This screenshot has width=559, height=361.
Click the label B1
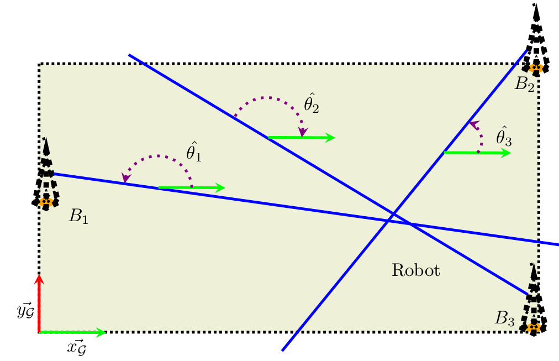pyautogui.click(x=78, y=216)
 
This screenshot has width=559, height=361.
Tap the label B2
pyautogui.click(x=524, y=84)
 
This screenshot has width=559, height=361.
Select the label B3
pyautogui.click(x=504, y=318)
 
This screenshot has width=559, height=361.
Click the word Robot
pyautogui.click(x=415, y=270)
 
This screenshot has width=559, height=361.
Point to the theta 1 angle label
pyautogui.click(x=194, y=153)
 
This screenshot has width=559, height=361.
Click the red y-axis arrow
pyautogui.click(x=39, y=304)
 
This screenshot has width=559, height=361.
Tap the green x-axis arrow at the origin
pyautogui.click(x=72, y=332)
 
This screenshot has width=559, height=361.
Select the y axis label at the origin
pyautogui.click(x=25, y=311)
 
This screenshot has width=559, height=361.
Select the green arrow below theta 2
pyautogui.click(x=302, y=138)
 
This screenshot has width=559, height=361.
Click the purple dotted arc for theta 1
pyautogui.click(x=157, y=157)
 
